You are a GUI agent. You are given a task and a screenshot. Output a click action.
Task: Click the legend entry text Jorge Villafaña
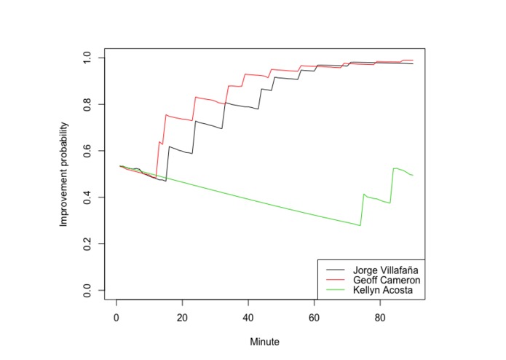(386, 270)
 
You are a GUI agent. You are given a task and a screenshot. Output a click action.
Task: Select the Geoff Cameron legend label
(387, 280)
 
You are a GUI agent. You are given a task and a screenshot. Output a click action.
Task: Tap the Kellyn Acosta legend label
(383, 290)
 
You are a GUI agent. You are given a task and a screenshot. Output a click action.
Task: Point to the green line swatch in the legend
(336, 289)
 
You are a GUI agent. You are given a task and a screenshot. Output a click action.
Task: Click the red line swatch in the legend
(336, 280)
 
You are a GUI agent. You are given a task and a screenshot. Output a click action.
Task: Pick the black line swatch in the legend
(336, 270)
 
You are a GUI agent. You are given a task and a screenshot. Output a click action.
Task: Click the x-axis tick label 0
(116, 318)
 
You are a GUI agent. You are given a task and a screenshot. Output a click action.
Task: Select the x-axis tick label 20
(182, 318)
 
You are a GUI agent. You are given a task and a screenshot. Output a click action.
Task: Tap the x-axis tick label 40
(248, 318)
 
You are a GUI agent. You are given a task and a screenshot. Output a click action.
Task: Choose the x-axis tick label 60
(314, 318)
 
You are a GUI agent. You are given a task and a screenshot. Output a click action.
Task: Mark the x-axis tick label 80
(380, 318)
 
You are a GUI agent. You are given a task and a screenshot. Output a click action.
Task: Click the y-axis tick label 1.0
(87, 58)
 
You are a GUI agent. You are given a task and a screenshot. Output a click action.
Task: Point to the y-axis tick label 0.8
(87, 104)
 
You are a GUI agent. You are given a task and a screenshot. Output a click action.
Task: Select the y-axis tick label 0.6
(87, 151)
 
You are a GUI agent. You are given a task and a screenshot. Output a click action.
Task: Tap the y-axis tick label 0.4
(87, 197)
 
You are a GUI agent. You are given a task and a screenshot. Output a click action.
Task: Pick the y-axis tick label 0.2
(87, 244)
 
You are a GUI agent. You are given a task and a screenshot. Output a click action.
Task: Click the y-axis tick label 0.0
(87, 290)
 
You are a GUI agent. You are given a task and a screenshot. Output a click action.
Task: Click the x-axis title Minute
(264, 342)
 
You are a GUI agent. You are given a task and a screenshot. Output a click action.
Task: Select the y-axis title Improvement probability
(64, 174)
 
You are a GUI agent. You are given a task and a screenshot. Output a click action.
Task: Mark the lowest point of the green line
(360, 225)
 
